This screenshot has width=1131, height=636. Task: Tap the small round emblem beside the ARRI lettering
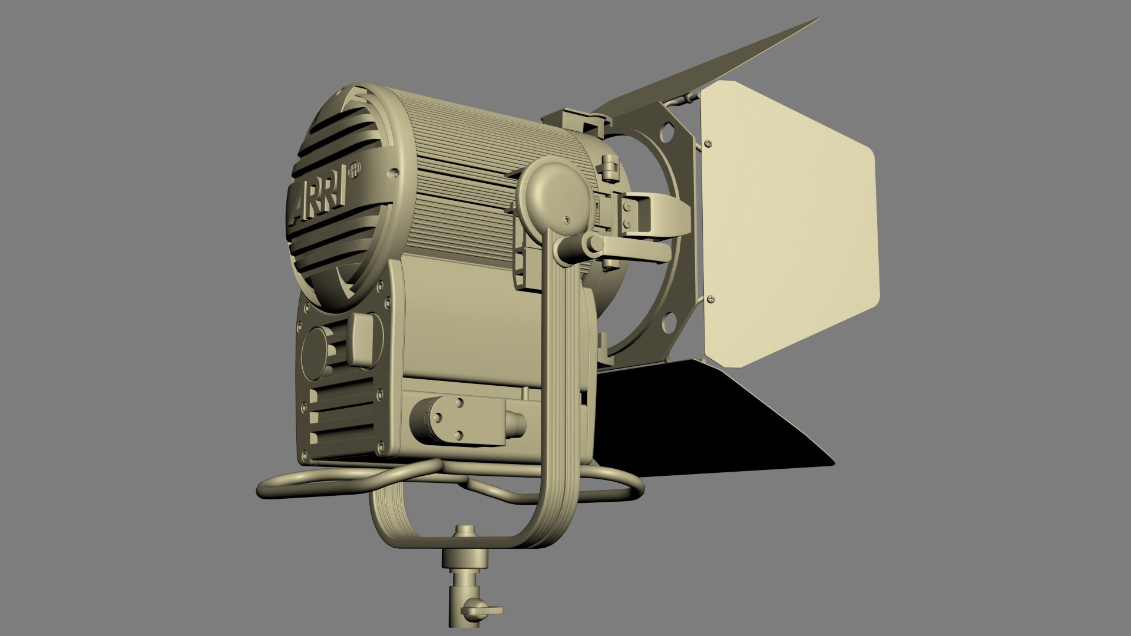click(355, 171)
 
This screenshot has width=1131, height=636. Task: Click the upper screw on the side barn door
click(708, 143)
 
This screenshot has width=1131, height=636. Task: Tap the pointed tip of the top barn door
click(818, 20)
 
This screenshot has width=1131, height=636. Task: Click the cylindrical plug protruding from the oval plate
click(515, 422)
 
